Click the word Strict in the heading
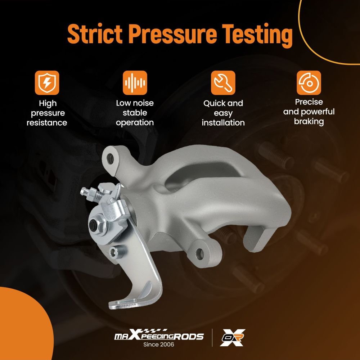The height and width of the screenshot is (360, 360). click(95, 34)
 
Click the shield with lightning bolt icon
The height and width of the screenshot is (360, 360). click(47, 83)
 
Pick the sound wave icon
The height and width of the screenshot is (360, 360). click(135, 83)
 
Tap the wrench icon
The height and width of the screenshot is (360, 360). click(223, 83)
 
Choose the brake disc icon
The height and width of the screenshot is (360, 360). click(309, 83)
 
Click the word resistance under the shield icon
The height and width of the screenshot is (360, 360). click(47, 123)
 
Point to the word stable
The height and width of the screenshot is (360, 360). click(135, 113)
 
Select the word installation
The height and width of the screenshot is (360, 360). click(223, 123)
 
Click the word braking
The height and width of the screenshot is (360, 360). click(309, 122)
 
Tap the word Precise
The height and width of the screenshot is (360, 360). click(309, 102)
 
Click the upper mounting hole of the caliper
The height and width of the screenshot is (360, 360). click(111, 159)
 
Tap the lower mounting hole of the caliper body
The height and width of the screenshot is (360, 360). click(199, 254)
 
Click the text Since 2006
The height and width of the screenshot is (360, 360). click(159, 345)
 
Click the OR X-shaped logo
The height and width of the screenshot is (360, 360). click(232, 337)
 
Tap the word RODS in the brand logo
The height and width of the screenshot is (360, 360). click(189, 337)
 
